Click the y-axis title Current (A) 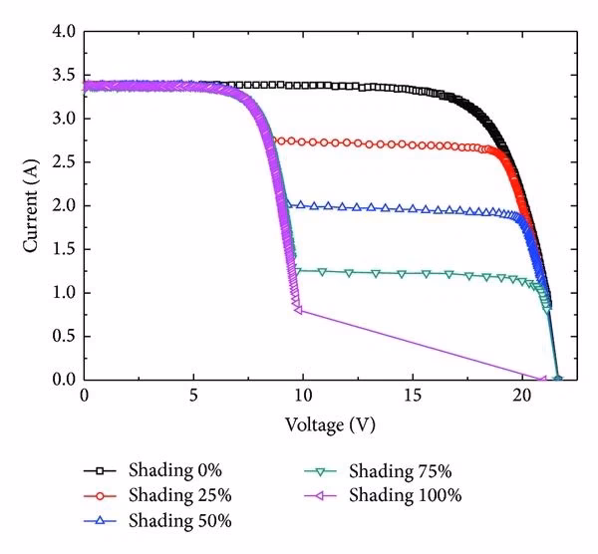[x=33, y=206]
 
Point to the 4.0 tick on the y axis [x=62, y=32]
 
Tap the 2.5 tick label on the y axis [x=62, y=162]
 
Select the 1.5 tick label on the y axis [x=62, y=249]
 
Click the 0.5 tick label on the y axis [x=62, y=336]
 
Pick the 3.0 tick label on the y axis [x=62, y=119]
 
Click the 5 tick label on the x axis [x=193, y=398]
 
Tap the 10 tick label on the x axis [x=303, y=398]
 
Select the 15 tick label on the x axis [x=413, y=398]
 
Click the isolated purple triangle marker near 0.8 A [x=298, y=310]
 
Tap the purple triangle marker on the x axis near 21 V [x=542, y=379]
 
